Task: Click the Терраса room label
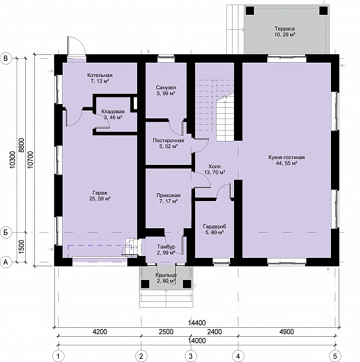pyautogui.click(x=284, y=32)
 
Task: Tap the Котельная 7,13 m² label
pyautogui.click(x=100, y=78)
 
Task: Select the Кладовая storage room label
pyautogui.click(x=113, y=114)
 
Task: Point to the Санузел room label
pyautogui.click(x=166, y=90)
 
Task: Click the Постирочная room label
pyautogui.click(x=168, y=144)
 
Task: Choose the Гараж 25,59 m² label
pyautogui.click(x=100, y=195)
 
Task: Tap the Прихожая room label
pyautogui.click(x=168, y=198)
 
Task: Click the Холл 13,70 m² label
pyautogui.click(x=215, y=169)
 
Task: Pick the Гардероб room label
pyautogui.click(x=215, y=229)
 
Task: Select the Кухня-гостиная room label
pyautogui.click(x=286, y=160)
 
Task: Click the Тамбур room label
pyautogui.click(x=166, y=250)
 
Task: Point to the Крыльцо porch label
pyautogui.click(x=166, y=278)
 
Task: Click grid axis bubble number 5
pyautogui.click(x=335, y=356)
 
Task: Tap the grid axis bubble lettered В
pyautogui.click(x=6, y=58)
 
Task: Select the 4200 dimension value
pyautogui.click(x=100, y=332)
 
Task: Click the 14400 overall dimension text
pyautogui.click(x=196, y=323)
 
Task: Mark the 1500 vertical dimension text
pyautogui.click(x=21, y=247)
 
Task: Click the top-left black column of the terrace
pyautogui.click(x=249, y=10)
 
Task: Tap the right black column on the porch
pyautogui.click(x=187, y=284)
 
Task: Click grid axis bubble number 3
pyautogui.click(x=191, y=356)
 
